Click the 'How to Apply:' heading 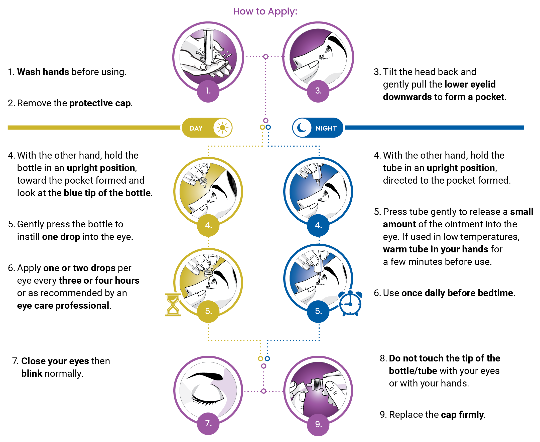coord(265,12)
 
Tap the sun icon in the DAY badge coord(222,128)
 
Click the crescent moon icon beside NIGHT coord(302,127)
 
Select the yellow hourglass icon coord(173,305)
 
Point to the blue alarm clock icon coord(350,303)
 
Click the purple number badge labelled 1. coord(208,91)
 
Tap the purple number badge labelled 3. coord(318,91)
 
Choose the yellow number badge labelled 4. coord(208,225)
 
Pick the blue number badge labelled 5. coord(318,311)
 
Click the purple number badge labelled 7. coord(208,423)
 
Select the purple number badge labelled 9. coord(318,424)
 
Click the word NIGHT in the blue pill coord(326,128)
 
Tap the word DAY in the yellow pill coord(196,128)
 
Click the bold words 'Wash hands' coord(43,72)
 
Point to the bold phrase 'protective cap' coord(100,103)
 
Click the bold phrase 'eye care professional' coord(63,305)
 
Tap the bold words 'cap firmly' coord(462,415)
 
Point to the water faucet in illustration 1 coord(209,47)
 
